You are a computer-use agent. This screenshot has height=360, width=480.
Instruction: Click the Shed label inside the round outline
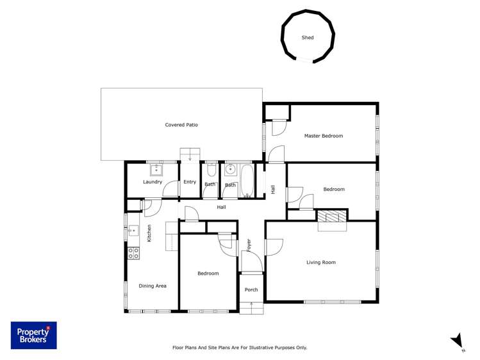308,38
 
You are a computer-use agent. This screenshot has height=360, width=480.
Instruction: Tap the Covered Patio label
181,125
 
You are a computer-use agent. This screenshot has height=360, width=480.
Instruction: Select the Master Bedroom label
323,136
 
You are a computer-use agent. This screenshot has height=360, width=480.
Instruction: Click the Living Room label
320,262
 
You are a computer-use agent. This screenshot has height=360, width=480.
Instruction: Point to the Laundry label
153,182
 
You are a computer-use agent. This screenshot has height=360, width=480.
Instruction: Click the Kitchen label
149,233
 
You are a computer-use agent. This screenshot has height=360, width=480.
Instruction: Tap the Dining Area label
153,286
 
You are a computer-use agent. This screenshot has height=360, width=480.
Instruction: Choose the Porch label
251,290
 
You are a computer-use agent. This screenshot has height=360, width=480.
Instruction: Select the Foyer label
249,245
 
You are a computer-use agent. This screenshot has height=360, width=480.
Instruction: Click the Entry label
190,182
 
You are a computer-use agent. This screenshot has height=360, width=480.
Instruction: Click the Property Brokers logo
33,335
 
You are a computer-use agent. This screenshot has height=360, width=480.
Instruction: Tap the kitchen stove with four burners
133,253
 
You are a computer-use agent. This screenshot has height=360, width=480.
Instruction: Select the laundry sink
156,169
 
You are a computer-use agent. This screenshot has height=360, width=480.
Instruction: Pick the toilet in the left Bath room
211,172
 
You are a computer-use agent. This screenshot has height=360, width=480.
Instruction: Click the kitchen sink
133,231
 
